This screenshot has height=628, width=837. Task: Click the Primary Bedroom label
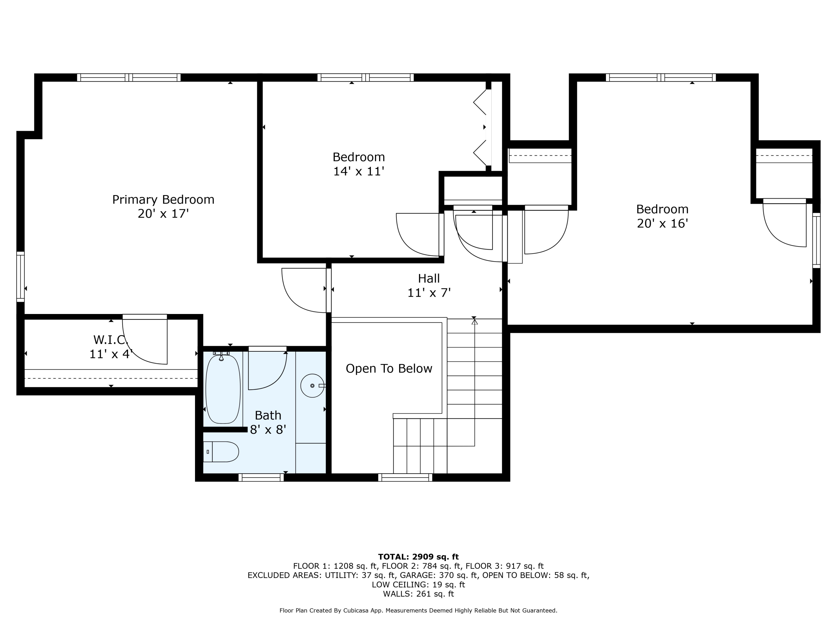pyautogui.click(x=163, y=200)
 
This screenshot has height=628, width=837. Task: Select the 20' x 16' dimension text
pyautogui.click(x=662, y=223)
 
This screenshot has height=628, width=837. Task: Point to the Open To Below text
pyautogui.click(x=389, y=369)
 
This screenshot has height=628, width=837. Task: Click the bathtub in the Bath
pyautogui.click(x=223, y=389)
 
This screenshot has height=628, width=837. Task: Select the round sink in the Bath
pyautogui.click(x=312, y=386)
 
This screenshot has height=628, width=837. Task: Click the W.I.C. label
pyautogui.click(x=110, y=340)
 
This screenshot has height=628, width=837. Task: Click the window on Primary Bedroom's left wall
pyautogui.click(x=20, y=277)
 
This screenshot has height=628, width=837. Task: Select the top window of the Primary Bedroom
pyautogui.click(x=129, y=78)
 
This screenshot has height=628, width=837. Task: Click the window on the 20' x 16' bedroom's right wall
pyautogui.click(x=816, y=240)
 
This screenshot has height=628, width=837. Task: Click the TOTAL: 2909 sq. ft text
pyautogui.click(x=418, y=557)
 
